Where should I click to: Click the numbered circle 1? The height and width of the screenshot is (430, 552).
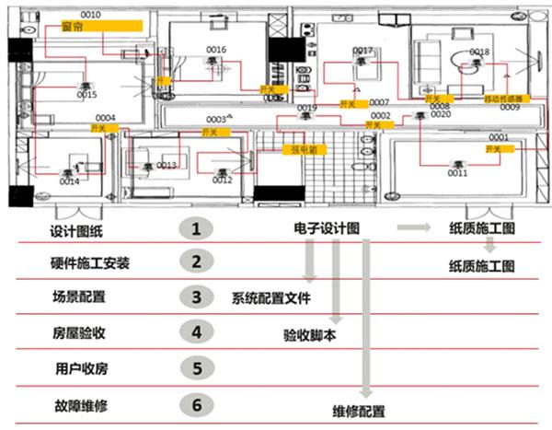click(194, 227)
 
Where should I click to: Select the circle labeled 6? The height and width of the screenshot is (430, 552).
click(194, 404)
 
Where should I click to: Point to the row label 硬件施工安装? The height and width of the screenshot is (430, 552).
click(89, 263)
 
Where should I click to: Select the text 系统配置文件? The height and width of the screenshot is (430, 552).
click(271, 297)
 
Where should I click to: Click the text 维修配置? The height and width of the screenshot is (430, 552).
click(360, 411)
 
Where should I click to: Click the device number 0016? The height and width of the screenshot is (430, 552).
click(216, 50)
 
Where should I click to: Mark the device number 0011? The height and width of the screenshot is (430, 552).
click(457, 173)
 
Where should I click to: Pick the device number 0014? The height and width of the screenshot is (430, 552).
click(70, 181)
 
